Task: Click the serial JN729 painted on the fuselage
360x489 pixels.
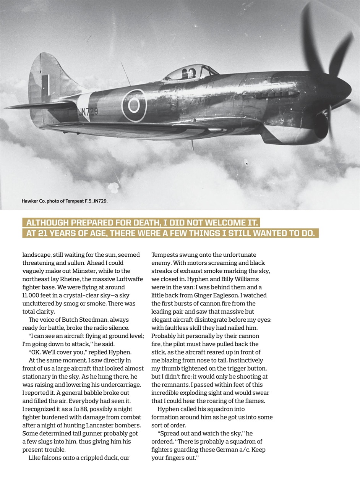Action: [88, 112]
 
